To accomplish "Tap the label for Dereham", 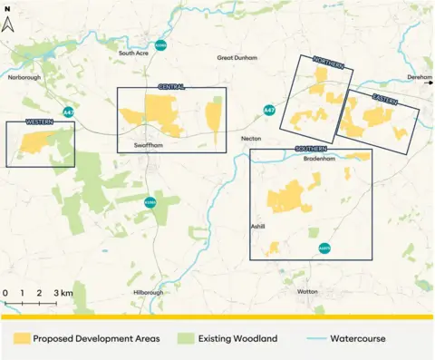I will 419,78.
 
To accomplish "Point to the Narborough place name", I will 24,78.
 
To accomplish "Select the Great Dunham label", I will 237,58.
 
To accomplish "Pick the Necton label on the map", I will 251,138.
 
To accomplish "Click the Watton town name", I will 308,291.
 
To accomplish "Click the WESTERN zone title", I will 40,121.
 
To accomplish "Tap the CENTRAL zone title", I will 171,87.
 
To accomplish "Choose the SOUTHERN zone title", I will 311,148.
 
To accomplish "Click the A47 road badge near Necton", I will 269,110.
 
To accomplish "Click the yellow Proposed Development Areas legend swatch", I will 20,339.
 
